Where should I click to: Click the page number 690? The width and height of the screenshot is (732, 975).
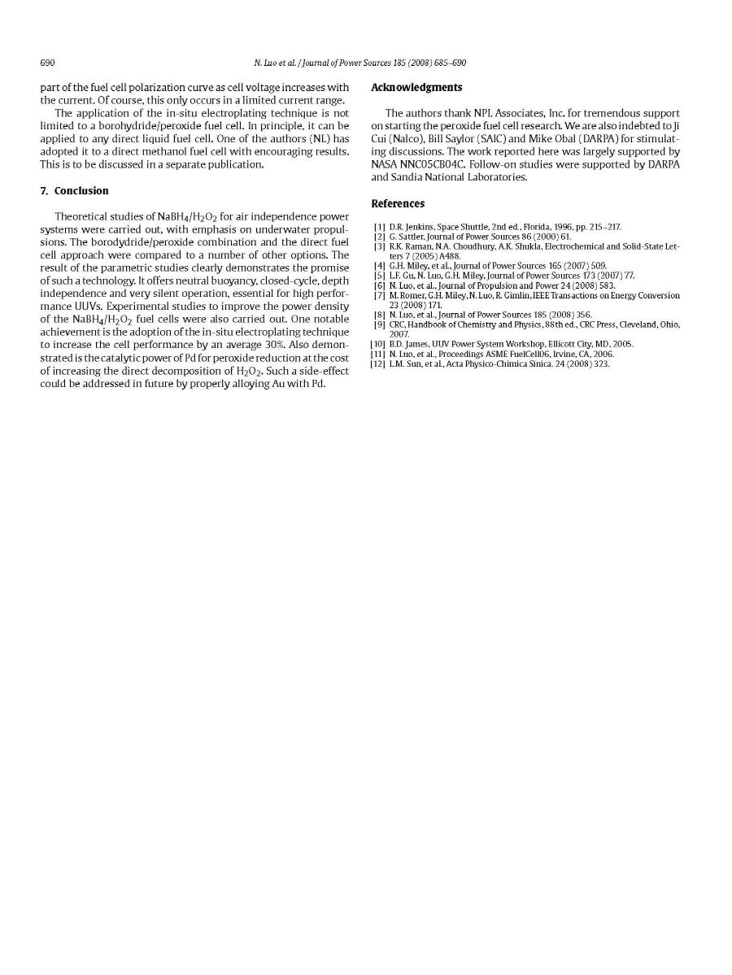pos(46,63)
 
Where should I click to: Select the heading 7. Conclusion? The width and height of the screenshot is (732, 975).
pos(74,191)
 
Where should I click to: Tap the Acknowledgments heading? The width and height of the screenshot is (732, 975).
pos(416,88)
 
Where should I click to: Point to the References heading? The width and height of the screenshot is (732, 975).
pos(398,203)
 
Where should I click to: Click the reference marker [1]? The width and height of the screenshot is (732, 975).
pos(379,227)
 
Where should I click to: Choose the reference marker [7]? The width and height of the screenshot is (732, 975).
pos(379,296)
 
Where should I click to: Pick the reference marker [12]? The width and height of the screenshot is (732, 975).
pos(377,364)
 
